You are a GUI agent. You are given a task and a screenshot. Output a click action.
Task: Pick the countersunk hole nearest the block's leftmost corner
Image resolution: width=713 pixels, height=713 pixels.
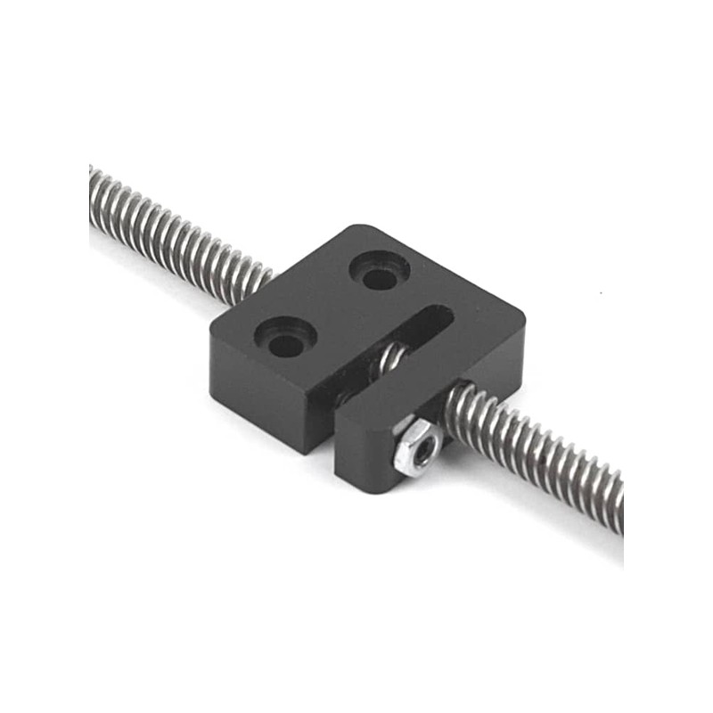click(285, 337)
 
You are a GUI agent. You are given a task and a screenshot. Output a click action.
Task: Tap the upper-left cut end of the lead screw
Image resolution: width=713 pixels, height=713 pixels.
click(93, 192)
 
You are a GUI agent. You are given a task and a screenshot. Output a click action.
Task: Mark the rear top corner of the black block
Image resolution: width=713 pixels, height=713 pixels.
click(356, 226)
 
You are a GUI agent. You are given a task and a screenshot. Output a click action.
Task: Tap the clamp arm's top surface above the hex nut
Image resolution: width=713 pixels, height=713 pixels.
click(419, 397)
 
